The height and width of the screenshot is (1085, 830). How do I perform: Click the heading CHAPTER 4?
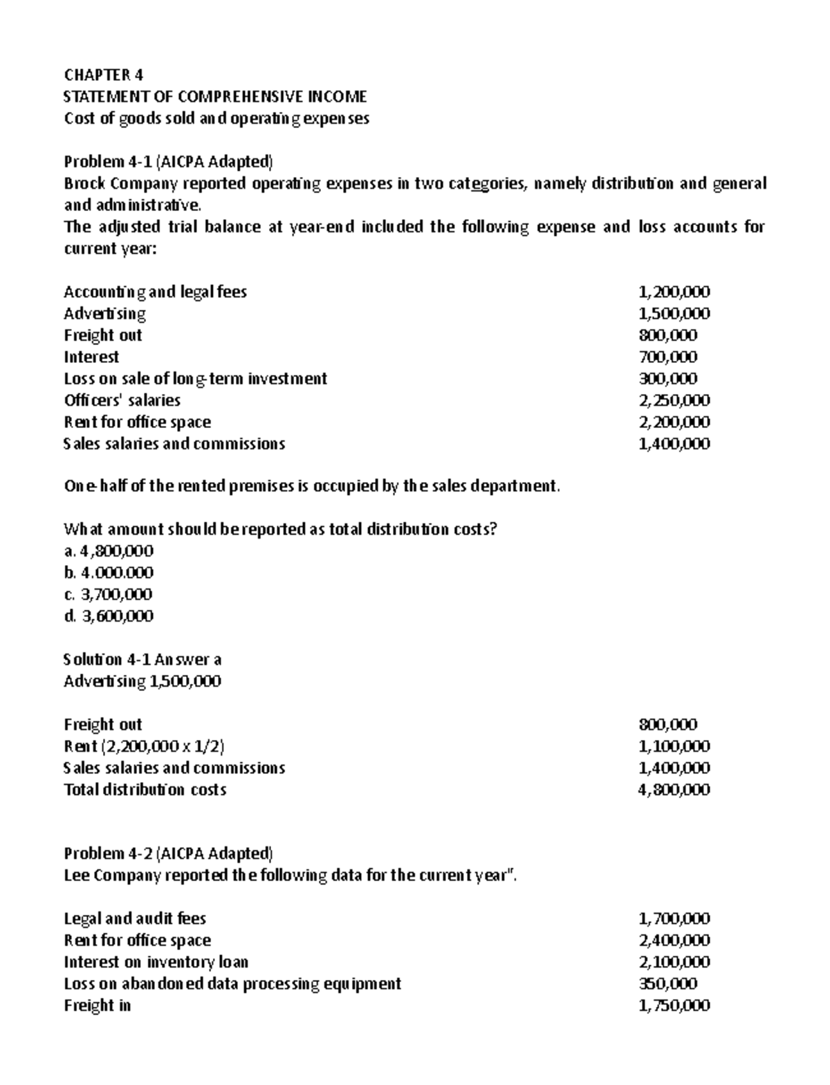tap(103, 75)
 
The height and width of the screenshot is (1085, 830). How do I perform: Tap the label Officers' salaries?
tap(122, 400)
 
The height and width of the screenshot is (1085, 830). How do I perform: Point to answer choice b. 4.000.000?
tap(109, 573)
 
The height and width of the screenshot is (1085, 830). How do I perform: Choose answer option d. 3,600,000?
tap(109, 616)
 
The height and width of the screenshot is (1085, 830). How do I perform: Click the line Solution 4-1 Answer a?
tap(142, 660)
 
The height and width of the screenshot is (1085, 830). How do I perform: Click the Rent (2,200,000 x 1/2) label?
tap(144, 746)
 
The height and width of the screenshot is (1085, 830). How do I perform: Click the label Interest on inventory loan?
tap(156, 962)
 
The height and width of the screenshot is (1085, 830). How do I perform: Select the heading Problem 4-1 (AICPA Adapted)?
tap(168, 162)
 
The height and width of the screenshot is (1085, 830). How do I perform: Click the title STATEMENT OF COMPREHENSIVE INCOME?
tap(214, 96)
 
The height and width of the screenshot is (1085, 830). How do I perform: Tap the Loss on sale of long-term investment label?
tap(195, 379)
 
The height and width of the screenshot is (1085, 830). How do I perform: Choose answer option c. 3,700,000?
tap(108, 595)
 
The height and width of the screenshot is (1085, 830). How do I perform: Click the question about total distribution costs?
tap(280, 530)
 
